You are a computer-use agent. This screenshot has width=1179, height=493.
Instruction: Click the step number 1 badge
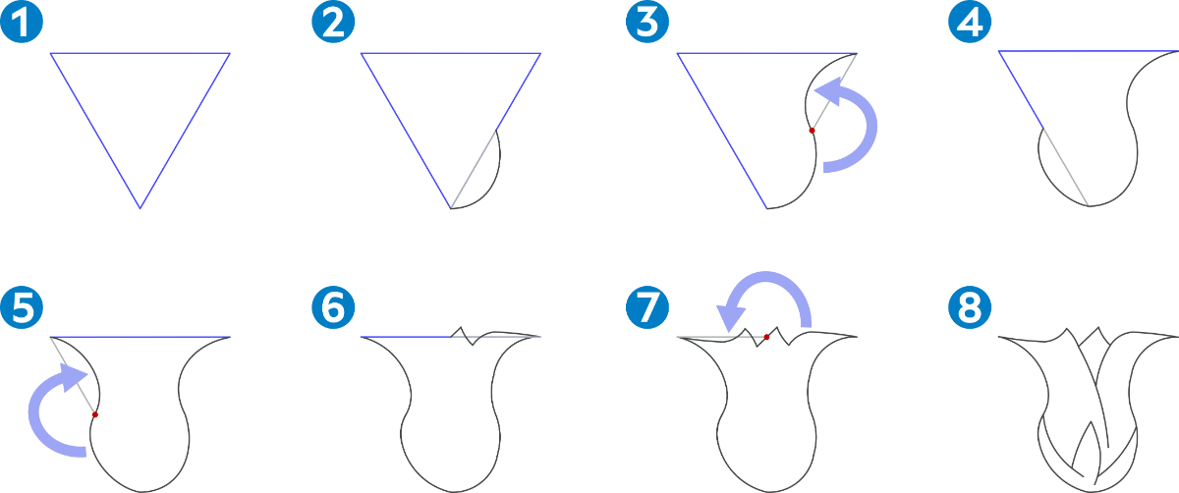(22, 22)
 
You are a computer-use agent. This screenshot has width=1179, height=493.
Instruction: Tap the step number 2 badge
(333, 22)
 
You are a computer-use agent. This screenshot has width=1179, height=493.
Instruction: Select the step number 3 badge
(647, 22)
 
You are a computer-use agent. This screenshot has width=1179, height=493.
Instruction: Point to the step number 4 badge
(970, 22)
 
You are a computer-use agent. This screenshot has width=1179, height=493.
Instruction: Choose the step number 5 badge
(22, 307)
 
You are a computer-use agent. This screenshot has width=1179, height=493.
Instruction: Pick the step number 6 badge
(333, 307)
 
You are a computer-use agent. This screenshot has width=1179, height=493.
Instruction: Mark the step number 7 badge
(647, 307)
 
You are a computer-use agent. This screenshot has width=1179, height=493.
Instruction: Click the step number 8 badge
(970, 307)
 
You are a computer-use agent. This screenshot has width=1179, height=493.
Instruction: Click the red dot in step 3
(812, 131)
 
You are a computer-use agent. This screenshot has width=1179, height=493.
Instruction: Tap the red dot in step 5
(94, 415)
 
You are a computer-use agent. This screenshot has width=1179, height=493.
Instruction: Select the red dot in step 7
(766, 337)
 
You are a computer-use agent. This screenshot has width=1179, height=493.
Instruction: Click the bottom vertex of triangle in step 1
(140, 208)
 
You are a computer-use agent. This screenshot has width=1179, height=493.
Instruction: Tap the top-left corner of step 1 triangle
(50, 53)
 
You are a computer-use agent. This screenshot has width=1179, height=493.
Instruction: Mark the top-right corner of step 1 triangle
(230, 53)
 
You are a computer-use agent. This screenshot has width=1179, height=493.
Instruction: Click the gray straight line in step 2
(474, 170)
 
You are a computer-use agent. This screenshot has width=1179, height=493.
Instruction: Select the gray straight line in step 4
(1067, 168)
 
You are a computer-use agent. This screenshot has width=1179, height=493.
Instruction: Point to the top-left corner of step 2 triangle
(362, 53)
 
